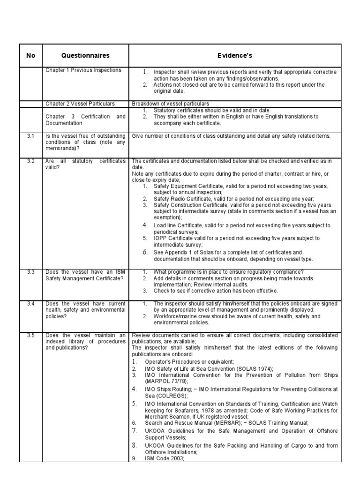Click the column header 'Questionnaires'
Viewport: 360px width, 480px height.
(x=85, y=55)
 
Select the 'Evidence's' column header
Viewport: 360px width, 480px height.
(x=235, y=55)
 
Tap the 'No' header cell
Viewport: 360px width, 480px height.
(x=31, y=55)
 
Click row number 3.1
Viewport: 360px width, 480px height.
(x=31, y=136)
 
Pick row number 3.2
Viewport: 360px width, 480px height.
(x=31, y=161)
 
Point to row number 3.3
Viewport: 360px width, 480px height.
(x=31, y=272)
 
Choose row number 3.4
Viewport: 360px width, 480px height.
(x=31, y=304)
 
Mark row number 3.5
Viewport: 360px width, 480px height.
(x=31, y=336)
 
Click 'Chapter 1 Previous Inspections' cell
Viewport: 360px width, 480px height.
(x=83, y=70)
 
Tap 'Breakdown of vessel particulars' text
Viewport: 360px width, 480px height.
(x=171, y=104)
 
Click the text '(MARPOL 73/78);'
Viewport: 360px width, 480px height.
(x=166, y=382)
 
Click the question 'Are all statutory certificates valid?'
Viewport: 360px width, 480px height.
(x=85, y=165)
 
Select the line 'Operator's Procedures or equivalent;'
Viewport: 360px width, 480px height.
(x=189, y=362)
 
